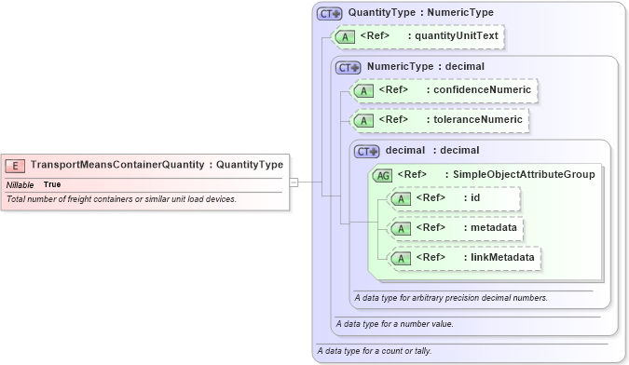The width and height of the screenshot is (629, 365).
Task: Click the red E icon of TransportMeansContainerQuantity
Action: pyautogui.click(x=16, y=165)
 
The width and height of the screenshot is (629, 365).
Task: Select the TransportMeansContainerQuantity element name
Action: pyautogui.click(x=116, y=165)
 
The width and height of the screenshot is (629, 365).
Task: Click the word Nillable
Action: pyautogui.click(x=20, y=184)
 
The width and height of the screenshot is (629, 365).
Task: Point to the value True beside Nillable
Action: pyautogui.click(x=52, y=184)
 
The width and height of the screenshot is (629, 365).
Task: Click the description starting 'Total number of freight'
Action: pyautogui.click(x=121, y=199)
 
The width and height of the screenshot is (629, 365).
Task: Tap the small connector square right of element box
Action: pyautogui.click(x=294, y=182)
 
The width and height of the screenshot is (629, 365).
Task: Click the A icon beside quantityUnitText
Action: pyautogui.click(x=344, y=37)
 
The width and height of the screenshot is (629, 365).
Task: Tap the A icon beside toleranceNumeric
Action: pyautogui.click(x=362, y=120)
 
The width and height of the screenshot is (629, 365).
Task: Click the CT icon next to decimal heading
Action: pyautogui.click(x=367, y=150)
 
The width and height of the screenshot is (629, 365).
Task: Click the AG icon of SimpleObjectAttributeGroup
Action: pyautogui.click(x=382, y=174)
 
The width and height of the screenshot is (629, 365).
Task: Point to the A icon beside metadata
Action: pyautogui.click(x=400, y=228)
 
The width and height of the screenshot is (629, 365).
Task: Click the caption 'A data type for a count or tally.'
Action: pyautogui.click(x=374, y=351)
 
